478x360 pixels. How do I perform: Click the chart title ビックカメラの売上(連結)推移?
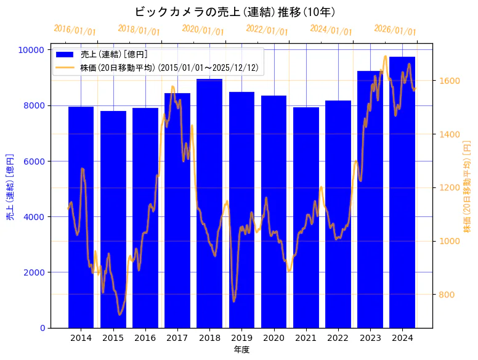tap(235, 12)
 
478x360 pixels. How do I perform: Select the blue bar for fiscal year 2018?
tap(209, 203)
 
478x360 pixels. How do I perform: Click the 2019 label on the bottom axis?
tap(241, 338)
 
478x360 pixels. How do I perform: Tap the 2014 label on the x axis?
tap(81, 338)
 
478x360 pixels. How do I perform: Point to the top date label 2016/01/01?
tap(75, 30)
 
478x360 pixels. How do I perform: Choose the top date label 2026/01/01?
tap(395, 30)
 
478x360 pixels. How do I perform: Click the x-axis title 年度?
tap(241, 350)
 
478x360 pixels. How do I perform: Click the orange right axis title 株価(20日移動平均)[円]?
tap(467, 188)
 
